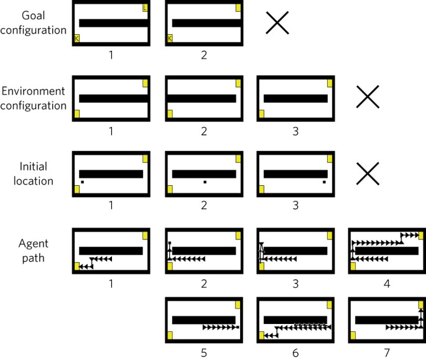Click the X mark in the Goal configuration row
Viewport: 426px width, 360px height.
pyautogui.click(x=277, y=24)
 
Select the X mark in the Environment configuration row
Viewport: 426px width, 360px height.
pyautogui.click(x=368, y=98)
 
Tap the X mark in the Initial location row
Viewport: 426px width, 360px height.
pyautogui.click(x=368, y=174)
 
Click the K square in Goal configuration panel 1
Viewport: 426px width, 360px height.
pyautogui.click(x=77, y=39)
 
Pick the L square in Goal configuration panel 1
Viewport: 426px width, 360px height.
pyautogui.click(x=145, y=8)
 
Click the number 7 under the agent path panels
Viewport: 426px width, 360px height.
pyautogui.click(x=387, y=353)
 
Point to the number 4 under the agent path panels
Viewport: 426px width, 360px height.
pyautogui.click(x=387, y=282)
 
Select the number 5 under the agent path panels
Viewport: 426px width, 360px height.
pyautogui.click(x=203, y=353)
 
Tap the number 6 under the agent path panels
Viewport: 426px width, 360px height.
pyautogui.click(x=295, y=353)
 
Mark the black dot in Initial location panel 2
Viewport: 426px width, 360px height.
pyautogui.click(x=204, y=182)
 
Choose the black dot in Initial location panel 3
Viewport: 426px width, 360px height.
pyautogui.click(x=324, y=182)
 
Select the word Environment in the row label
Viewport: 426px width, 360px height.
pyautogui.click(x=34, y=92)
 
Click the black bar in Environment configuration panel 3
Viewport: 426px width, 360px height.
pyautogui.click(x=295, y=98)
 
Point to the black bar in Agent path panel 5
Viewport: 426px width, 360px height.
pyautogui.click(x=203, y=320)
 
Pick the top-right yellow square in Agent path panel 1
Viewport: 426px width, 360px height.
pyautogui.click(x=146, y=235)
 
